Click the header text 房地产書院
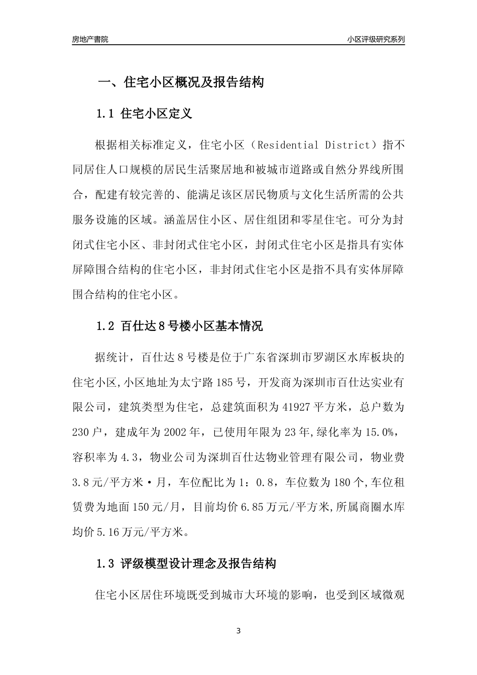pyautogui.click(x=90, y=39)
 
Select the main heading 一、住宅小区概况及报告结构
pyautogui.click(x=180, y=83)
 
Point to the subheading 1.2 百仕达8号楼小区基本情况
pyautogui.click(x=179, y=326)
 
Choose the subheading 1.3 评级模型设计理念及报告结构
pyautogui.click(x=186, y=564)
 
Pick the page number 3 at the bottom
pyautogui.click(x=238, y=631)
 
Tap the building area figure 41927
pyautogui.click(x=295, y=406)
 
